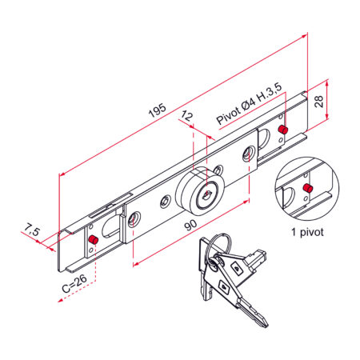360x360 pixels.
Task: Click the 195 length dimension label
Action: pos(158,110)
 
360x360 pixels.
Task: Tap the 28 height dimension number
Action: pos(319,102)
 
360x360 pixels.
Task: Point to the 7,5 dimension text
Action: pos(32,230)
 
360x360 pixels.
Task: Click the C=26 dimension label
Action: pos(74,283)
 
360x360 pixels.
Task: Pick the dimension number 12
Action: pos(186,117)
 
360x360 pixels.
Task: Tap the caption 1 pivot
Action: pos(307,232)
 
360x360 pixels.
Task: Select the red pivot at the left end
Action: pos(94,240)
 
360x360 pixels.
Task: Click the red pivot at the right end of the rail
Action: pos(282,130)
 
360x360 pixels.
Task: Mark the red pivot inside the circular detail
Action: pos(308,188)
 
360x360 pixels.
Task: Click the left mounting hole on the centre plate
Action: pos(134,219)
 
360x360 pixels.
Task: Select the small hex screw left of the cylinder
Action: pos(166,201)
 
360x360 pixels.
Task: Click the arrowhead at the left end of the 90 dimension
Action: pos(135,264)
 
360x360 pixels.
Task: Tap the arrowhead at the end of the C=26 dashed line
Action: pos(61,301)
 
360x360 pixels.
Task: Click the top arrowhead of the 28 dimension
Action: pos(327,82)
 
